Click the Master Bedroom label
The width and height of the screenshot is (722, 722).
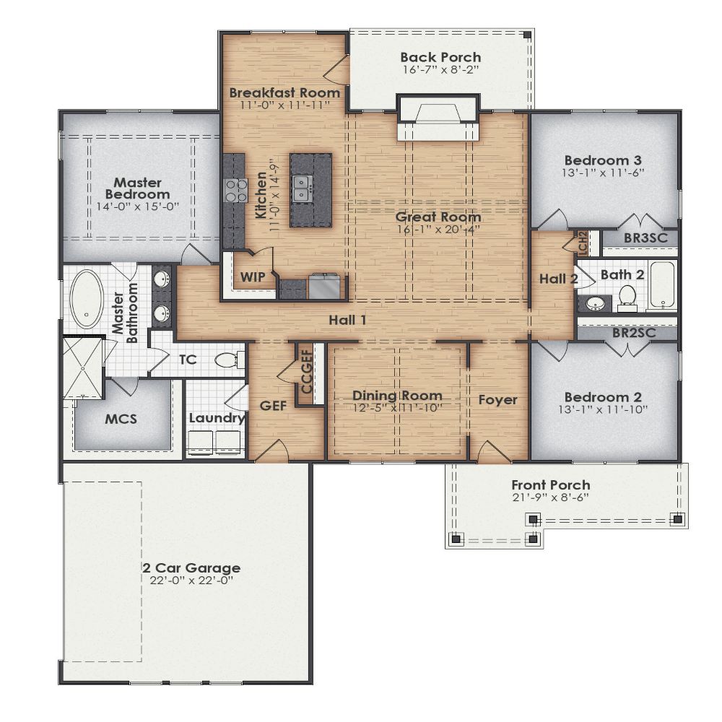pyautogui.click(x=137, y=188)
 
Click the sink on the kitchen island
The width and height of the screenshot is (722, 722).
pyautogui.click(x=303, y=188)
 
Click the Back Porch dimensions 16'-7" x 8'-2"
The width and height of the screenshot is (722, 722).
pyautogui.click(x=440, y=71)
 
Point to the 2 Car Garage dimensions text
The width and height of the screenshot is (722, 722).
pyautogui.click(x=191, y=580)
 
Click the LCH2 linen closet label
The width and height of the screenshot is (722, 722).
pyautogui.click(x=583, y=243)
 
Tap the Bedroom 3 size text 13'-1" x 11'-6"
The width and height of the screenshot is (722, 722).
pyautogui.click(x=603, y=173)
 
